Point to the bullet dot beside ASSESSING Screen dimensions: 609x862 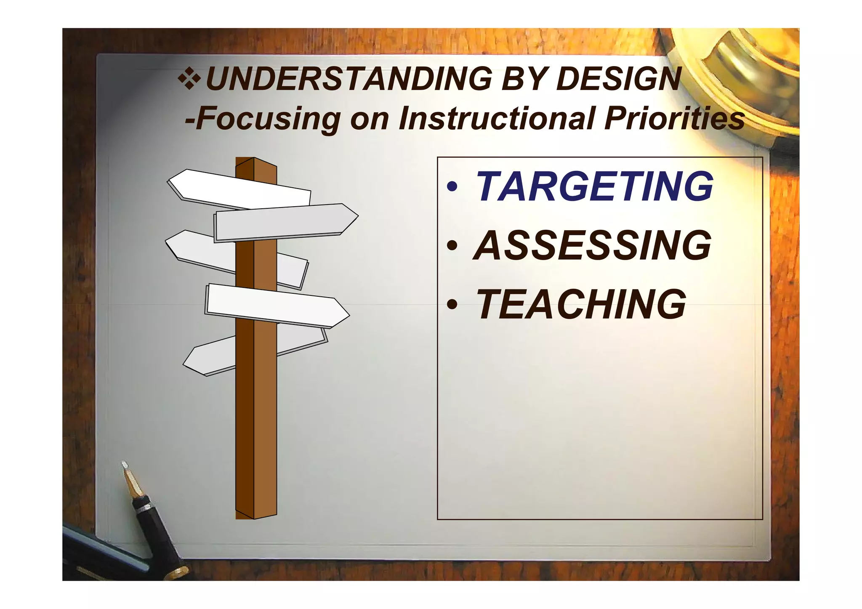pos(452,246)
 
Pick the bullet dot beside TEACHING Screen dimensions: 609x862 pos(452,305)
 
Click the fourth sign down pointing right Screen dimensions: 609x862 pos(274,305)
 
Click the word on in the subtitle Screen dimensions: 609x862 pos(369,119)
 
